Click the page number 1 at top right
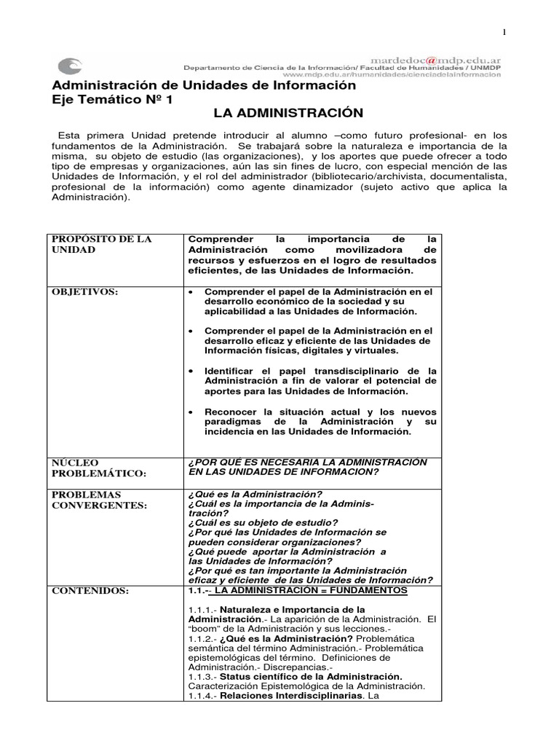(503, 31)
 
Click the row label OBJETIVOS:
(84, 291)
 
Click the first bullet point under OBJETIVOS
(190, 292)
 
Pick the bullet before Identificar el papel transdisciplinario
(190, 370)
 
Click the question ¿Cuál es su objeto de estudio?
(263, 522)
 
